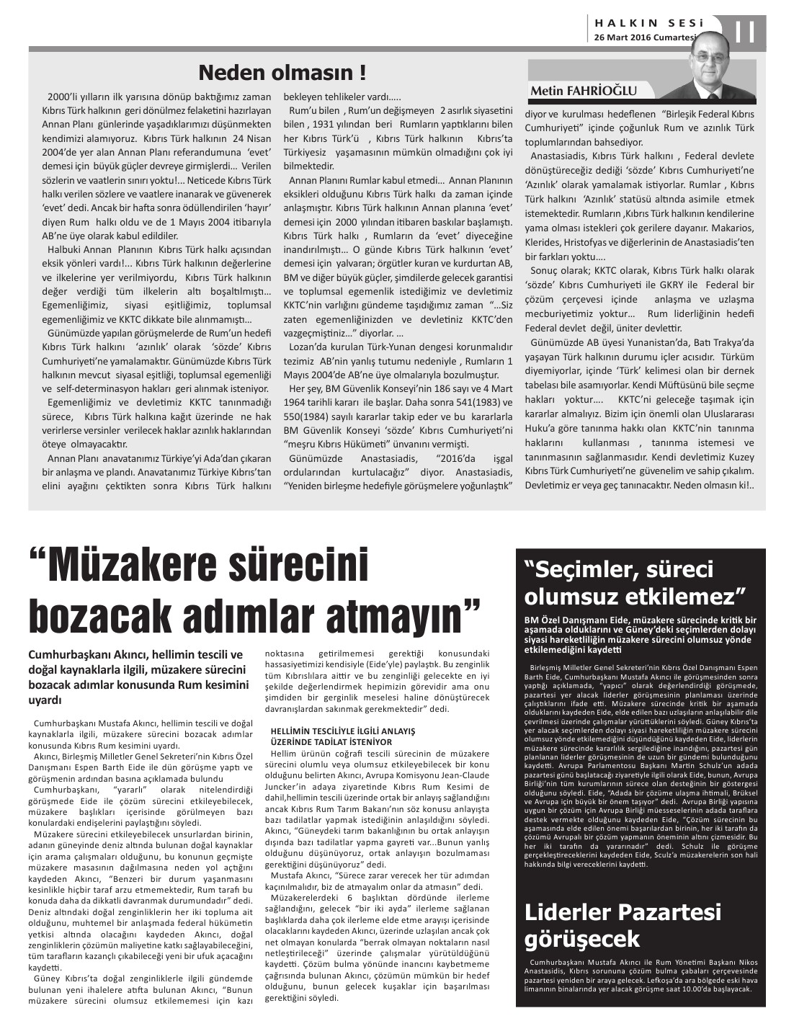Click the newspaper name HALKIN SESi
point(645,23)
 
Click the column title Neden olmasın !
point(282,73)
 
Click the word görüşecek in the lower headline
point(582,939)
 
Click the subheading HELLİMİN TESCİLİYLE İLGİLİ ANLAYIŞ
point(343,731)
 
